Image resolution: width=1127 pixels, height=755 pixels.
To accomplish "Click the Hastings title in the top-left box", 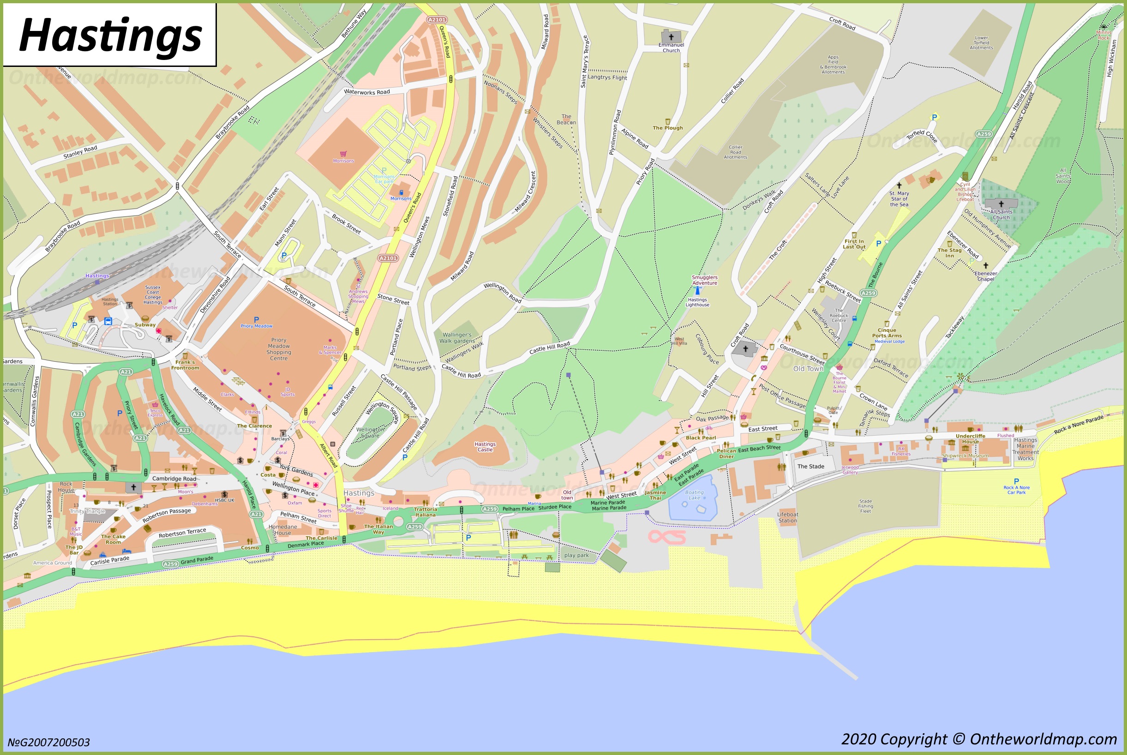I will pyautogui.click(x=110, y=36).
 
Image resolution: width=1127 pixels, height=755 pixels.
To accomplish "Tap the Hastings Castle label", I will pyautogui.click(x=485, y=447).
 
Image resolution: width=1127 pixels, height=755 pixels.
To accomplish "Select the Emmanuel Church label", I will pyautogui.click(x=671, y=47).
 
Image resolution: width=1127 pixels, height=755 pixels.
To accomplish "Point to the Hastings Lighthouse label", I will pyautogui.click(x=697, y=302).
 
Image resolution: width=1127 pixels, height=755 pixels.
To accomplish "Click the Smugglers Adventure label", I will pyautogui.click(x=704, y=280).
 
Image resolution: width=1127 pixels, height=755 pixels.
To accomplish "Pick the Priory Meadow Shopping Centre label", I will pyautogui.click(x=279, y=349).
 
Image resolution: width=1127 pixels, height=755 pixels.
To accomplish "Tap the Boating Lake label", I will pyautogui.click(x=694, y=495).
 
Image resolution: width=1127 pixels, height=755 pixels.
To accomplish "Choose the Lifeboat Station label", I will pyautogui.click(x=788, y=517).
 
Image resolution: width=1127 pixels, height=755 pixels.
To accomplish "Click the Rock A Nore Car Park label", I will pyautogui.click(x=1016, y=490).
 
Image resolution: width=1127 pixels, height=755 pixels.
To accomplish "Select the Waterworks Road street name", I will pyautogui.click(x=367, y=91).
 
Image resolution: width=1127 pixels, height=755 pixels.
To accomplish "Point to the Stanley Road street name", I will pyautogui.click(x=80, y=152).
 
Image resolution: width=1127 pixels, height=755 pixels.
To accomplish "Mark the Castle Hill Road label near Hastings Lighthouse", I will pyautogui.click(x=549, y=347).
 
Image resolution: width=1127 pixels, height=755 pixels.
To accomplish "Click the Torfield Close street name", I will pyautogui.click(x=922, y=136).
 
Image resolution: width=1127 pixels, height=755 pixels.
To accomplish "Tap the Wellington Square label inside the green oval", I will pyautogui.click(x=370, y=432).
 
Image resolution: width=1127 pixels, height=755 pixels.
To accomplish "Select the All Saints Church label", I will pyautogui.click(x=1001, y=214).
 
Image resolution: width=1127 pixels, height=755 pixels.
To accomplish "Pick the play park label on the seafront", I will pyautogui.click(x=576, y=555).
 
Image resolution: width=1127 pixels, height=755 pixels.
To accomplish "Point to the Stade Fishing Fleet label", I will pyautogui.click(x=865, y=506).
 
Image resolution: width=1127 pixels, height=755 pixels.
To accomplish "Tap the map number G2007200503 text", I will pyautogui.click(x=48, y=742).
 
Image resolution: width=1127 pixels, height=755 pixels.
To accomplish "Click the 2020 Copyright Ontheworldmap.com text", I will pyautogui.click(x=979, y=739).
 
